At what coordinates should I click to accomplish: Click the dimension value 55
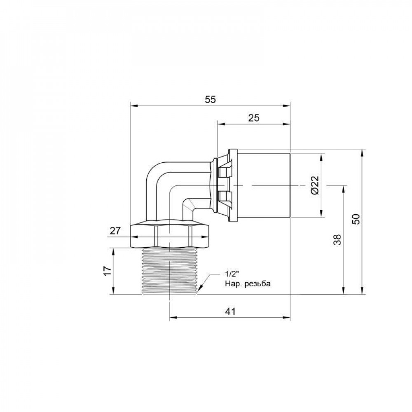[x=210, y=99]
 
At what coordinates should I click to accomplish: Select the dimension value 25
[x=254, y=118]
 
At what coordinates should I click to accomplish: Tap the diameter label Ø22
[x=315, y=185]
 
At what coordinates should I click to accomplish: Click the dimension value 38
[x=337, y=239]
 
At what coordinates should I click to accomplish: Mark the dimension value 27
[x=115, y=231]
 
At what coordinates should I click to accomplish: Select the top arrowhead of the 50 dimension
[x=362, y=152]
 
